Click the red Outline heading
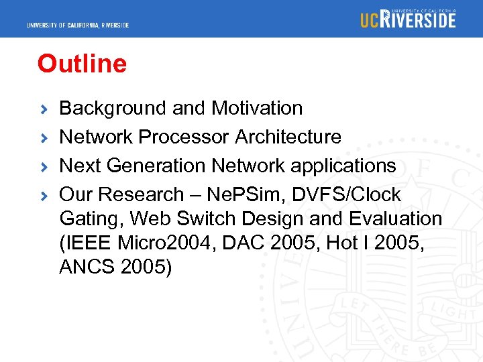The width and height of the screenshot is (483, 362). [x=82, y=64]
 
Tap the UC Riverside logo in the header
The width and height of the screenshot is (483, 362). [x=408, y=19]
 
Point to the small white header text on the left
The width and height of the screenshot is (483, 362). [x=78, y=25]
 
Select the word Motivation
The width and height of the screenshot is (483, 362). [x=257, y=108]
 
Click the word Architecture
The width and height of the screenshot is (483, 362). [x=288, y=137]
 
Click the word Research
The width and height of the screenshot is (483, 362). [x=141, y=194]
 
